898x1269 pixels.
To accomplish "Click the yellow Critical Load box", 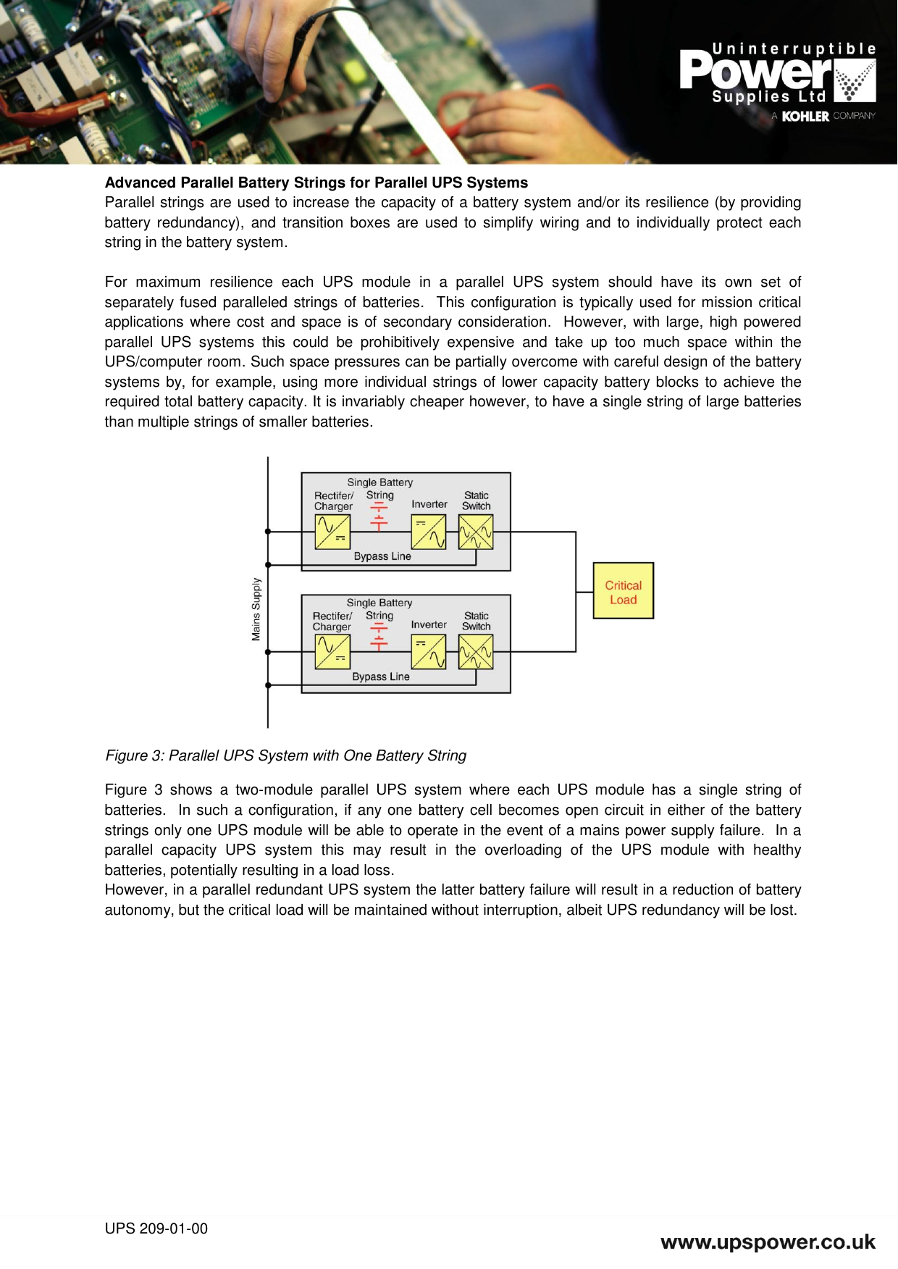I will pos(623,590).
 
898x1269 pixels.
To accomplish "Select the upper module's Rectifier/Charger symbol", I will pos(332,532).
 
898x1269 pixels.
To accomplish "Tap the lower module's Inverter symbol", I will pos(428,652).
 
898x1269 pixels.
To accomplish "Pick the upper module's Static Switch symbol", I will pos(476,532).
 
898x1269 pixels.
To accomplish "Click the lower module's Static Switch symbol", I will pos(476,652).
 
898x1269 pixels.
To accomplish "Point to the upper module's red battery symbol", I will pos(379,517).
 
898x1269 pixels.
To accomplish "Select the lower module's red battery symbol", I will pos(379,637).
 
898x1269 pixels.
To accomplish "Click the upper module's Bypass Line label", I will pos(382,556).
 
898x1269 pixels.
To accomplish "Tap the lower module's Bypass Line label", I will pos(381,677).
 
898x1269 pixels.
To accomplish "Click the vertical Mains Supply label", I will pos(256,609).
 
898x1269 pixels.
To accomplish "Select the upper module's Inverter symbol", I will pos(428,532).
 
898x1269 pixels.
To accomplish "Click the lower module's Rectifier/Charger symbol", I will pos(332,652).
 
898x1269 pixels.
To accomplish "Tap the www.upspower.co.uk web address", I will pos(768,1243).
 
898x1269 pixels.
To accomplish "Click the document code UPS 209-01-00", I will pos(156,1228).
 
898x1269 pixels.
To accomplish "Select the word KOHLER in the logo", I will pos(805,116).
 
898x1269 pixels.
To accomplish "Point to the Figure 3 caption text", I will pos(286,755).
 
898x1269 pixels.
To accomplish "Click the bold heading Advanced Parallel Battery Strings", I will pos(316,183).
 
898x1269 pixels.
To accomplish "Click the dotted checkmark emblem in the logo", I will pos(855,80).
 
